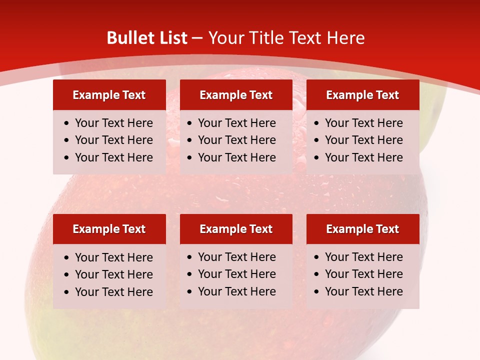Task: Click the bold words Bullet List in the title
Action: [147, 38]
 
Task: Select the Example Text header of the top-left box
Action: [109, 95]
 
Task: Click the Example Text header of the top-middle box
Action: [236, 95]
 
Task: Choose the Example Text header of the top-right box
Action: [362, 95]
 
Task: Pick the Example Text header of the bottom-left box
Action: [109, 229]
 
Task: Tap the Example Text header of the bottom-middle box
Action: [236, 229]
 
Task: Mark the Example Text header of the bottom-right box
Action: [362, 229]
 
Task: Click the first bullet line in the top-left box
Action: [113, 123]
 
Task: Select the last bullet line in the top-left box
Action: [113, 157]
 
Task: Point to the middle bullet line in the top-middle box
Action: [236, 140]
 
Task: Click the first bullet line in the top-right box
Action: [363, 123]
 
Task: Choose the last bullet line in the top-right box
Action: [363, 157]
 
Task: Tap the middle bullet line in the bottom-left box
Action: [113, 274]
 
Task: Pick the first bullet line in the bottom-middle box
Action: [236, 257]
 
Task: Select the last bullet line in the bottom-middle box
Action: [236, 291]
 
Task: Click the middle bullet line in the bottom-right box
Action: [363, 274]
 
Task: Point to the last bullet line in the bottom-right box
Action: [363, 291]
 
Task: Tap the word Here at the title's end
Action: [345, 38]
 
